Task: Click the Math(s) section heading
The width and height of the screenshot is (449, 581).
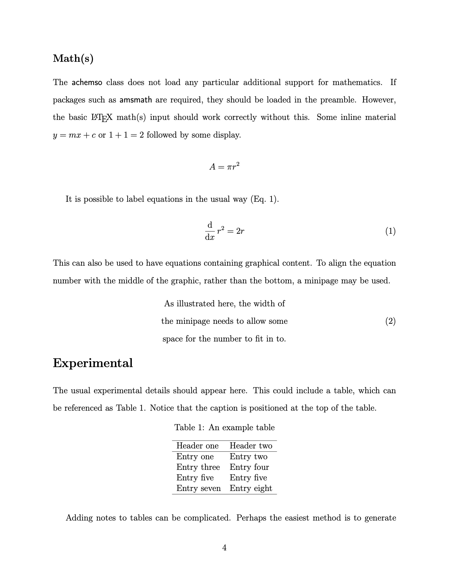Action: pyautogui.click(x=73, y=59)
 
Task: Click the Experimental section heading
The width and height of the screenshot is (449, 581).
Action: pyautogui.click(x=92, y=363)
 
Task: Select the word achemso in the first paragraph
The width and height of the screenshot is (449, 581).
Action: pyautogui.click(x=87, y=82)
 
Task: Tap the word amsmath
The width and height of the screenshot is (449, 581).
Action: pyautogui.click(x=136, y=100)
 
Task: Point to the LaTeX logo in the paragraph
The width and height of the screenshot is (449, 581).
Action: pyautogui.click(x=102, y=118)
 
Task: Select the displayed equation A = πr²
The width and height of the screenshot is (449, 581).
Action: pyautogui.click(x=224, y=167)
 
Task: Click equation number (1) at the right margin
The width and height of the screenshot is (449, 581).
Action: pyautogui.click(x=390, y=231)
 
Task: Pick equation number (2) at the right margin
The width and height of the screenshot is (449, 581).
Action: pyautogui.click(x=390, y=321)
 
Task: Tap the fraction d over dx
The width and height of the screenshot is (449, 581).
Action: pyautogui.click(x=210, y=231)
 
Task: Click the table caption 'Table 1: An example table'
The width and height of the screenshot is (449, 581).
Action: pyautogui.click(x=224, y=428)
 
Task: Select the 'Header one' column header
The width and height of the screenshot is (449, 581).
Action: pyautogui.click(x=197, y=446)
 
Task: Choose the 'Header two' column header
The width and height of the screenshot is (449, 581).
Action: pyautogui.click(x=251, y=446)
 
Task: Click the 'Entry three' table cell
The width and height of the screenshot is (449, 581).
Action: pyautogui.click(x=198, y=467)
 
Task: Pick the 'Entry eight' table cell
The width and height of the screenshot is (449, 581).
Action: pyautogui.click(x=251, y=488)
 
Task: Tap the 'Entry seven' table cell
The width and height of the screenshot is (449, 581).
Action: pyautogui.click(x=198, y=488)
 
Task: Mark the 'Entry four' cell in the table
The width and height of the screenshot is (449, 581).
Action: pyautogui.click(x=249, y=467)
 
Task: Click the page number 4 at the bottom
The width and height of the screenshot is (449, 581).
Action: pyautogui.click(x=224, y=547)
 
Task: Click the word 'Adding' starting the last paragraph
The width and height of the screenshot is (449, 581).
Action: pyautogui.click(x=79, y=518)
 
